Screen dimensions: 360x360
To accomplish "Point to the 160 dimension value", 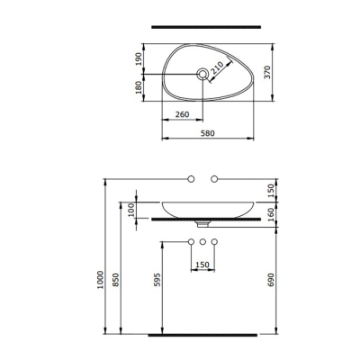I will tap(272, 213).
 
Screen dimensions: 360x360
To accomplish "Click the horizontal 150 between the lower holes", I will tap(203, 265).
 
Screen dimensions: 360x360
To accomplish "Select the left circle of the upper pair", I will tap(190, 180).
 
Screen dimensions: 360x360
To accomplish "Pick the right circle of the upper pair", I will tap(214, 180).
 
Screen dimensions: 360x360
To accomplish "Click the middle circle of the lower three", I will tap(203, 243).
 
